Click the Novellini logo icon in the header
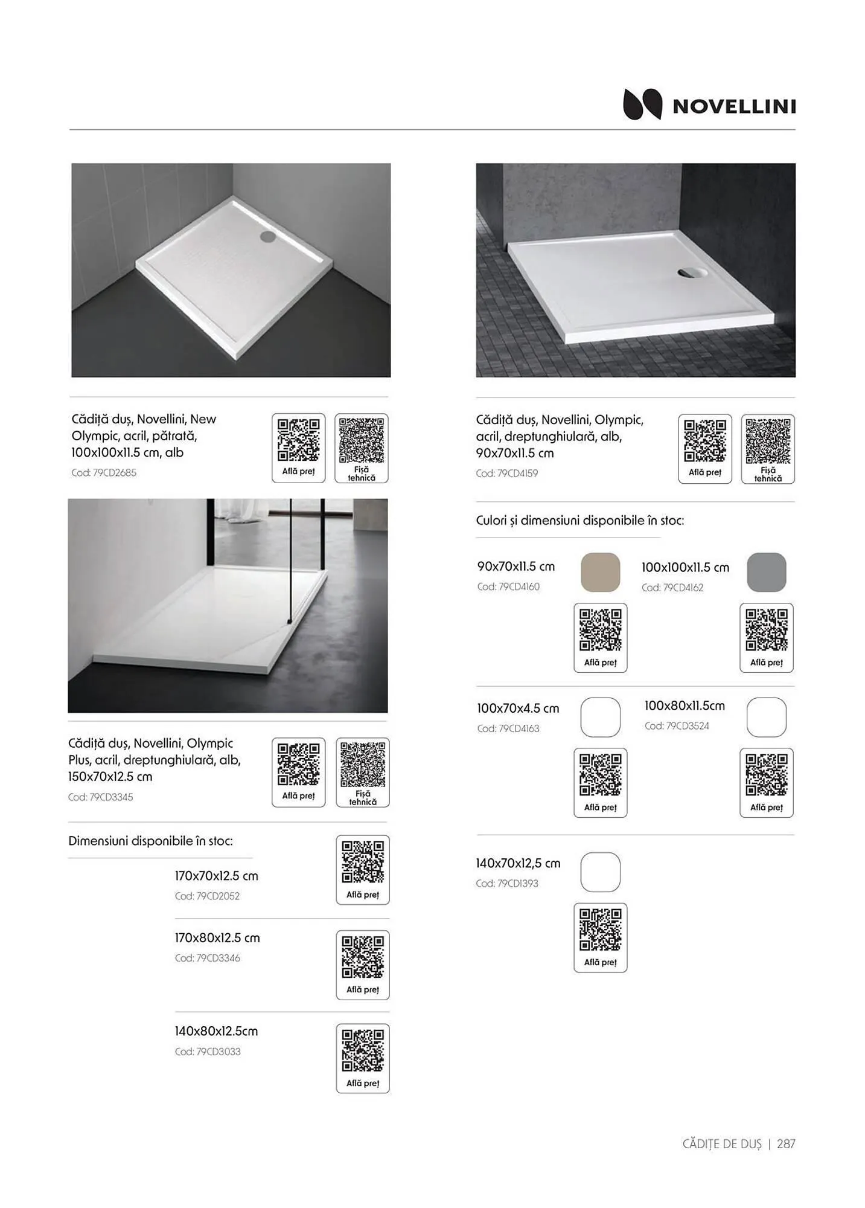tap(642, 105)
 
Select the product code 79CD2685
tap(104, 473)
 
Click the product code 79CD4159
tap(506, 474)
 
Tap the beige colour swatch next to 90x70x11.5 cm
tap(600, 572)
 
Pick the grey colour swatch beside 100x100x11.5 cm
tap(766, 572)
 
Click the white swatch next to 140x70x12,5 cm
tap(600, 872)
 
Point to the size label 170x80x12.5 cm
tap(217, 938)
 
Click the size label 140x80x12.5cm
tap(216, 1032)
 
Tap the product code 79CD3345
tap(100, 797)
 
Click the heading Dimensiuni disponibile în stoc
tap(150, 841)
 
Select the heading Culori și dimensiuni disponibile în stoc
tap(580, 521)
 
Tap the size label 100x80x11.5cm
tap(685, 705)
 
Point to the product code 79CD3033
tap(208, 1052)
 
